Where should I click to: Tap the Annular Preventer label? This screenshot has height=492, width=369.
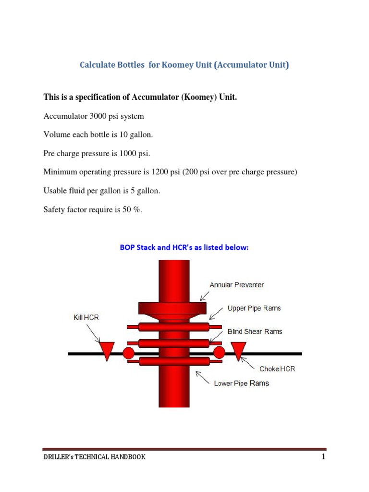point(236,284)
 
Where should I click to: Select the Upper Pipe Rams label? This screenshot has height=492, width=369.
point(254,308)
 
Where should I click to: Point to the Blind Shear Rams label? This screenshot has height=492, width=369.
point(255,332)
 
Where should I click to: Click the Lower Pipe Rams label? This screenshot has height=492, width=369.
point(241,383)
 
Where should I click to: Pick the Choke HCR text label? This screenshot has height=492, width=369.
point(277,369)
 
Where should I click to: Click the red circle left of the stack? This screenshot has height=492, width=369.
point(128,353)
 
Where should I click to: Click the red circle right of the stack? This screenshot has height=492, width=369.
point(219,353)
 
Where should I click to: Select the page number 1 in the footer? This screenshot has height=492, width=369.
point(324,456)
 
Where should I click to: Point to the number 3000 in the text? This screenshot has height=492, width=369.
point(96,116)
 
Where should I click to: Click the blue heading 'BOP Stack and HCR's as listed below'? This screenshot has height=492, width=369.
point(184,248)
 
